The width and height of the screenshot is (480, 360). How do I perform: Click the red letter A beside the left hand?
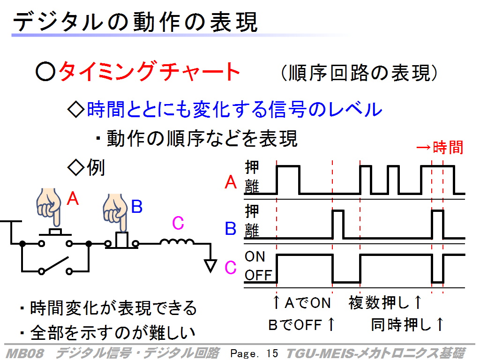(x=73, y=198)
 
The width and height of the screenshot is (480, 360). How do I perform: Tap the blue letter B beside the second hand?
(x=136, y=206)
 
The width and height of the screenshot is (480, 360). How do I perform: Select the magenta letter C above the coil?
(x=178, y=223)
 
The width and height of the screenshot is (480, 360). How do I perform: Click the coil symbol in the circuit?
(x=177, y=242)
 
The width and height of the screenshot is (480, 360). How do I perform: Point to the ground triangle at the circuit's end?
(x=210, y=265)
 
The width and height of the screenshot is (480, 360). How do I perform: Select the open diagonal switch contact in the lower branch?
(x=55, y=264)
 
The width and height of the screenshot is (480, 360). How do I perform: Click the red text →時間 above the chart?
(x=440, y=147)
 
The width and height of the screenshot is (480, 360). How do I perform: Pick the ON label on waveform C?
(x=255, y=256)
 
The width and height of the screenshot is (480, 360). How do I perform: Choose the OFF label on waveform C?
(x=258, y=275)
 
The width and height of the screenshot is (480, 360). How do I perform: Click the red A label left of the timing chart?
(x=231, y=182)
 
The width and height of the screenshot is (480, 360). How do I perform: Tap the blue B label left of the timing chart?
(x=231, y=228)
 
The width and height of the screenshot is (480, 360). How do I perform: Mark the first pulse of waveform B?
(x=338, y=210)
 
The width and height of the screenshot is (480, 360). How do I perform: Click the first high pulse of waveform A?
(x=288, y=166)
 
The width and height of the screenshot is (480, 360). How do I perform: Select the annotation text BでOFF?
(x=295, y=325)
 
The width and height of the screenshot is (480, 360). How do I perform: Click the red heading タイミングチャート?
(x=149, y=71)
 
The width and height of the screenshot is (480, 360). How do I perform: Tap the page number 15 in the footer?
(x=272, y=353)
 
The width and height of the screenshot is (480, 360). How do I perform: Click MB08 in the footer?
(x=24, y=353)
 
